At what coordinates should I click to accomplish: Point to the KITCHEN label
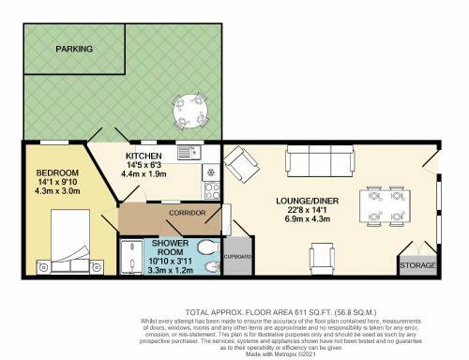tap(144, 156)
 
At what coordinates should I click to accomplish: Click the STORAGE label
tap(418, 266)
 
